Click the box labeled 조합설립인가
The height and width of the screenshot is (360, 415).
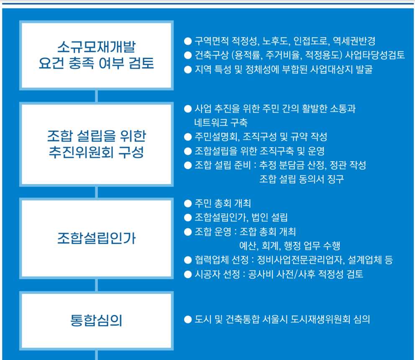[x=96, y=238]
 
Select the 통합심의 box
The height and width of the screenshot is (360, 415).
[x=96, y=321]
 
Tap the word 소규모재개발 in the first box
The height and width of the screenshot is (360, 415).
[x=96, y=47]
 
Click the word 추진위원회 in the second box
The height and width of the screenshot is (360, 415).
[x=81, y=152]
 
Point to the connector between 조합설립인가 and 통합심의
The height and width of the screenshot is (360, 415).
[x=96, y=285]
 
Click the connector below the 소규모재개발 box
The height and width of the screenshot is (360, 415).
[x=96, y=96]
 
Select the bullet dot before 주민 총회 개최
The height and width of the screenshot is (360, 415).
[x=188, y=203]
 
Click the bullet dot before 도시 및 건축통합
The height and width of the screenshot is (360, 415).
[x=188, y=319]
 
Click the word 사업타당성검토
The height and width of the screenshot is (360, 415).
[x=375, y=55]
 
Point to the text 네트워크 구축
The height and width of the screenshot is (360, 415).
[x=221, y=122]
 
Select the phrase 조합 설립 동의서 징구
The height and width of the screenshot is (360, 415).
[x=302, y=179]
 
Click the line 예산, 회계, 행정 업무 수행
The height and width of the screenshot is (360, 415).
[x=289, y=246]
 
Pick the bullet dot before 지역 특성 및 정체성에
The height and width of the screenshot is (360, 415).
[x=188, y=69]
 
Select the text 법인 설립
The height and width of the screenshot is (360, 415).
[x=269, y=218]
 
